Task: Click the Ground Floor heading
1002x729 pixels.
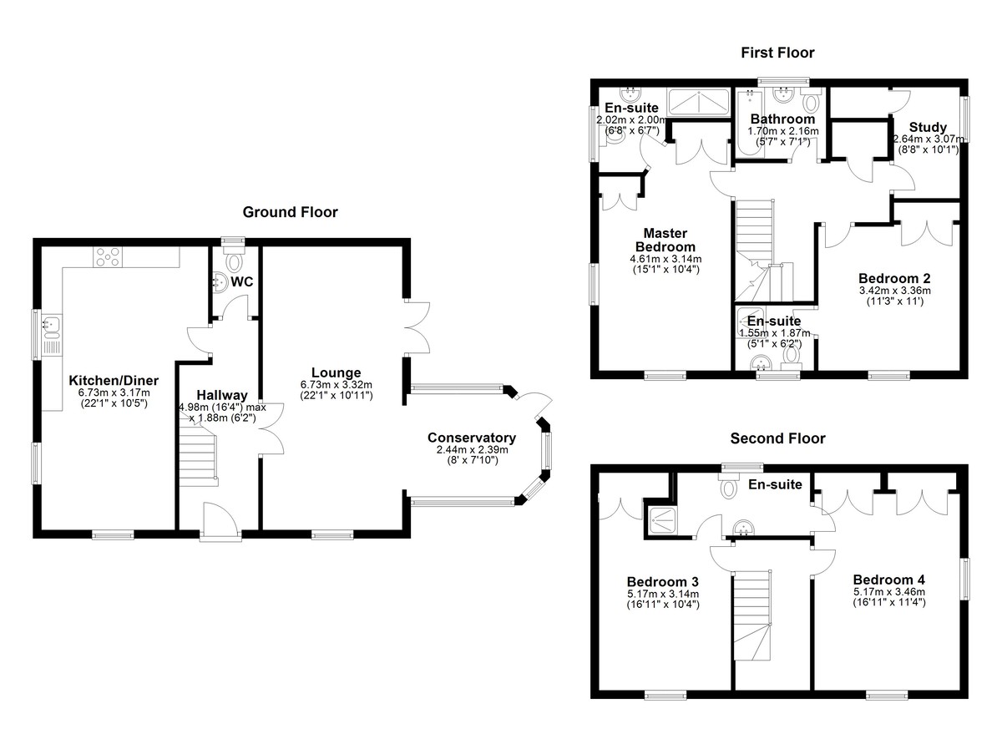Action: pos(290,212)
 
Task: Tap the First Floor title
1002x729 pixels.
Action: pos(777,53)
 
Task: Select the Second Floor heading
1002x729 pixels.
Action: pos(777,438)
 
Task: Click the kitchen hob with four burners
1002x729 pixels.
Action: pos(108,257)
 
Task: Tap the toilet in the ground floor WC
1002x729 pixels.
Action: pos(234,261)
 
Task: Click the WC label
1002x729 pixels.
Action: pos(242,281)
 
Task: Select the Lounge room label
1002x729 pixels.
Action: pos(336,372)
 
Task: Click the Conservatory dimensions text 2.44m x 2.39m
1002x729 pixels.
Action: pos(472,449)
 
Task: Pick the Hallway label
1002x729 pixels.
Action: pos(222,395)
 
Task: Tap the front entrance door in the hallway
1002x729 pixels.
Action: pos(220,519)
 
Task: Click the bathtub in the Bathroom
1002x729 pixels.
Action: pos(751,123)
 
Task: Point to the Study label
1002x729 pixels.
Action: pos(928,128)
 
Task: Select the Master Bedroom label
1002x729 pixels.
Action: pos(665,240)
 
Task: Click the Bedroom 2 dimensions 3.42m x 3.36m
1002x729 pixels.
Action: pos(894,291)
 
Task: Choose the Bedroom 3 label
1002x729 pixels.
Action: pos(662,582)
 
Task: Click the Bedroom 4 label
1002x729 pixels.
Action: pos(888,580)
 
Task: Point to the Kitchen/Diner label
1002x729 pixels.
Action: pos(114,381)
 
